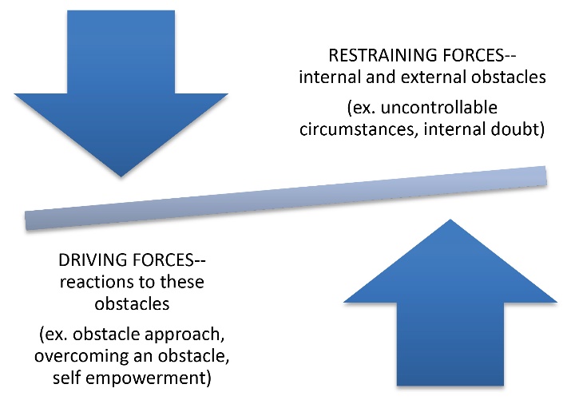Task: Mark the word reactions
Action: pyautogui.click(x=98, y=283)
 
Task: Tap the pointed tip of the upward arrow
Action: pyautogui.click(x=450, y=220)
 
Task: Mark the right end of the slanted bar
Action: pyautogui.click(x=542, y=176)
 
